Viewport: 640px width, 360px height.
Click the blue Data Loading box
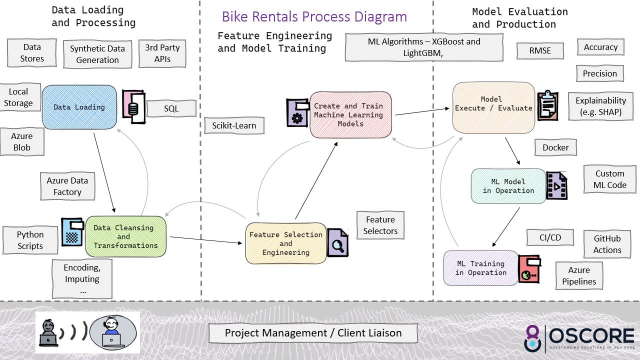click(x=79, y=107)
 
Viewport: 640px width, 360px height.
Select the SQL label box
click(x=171, y=109)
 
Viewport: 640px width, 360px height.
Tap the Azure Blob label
click(x=22, y=142)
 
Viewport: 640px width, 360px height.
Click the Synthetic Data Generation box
click(x=97, y=54)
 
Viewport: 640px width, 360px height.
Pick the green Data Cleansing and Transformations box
click(x=125, y=236)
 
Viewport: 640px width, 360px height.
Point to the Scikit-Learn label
click(x=234, y=126)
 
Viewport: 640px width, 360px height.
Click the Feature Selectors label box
click(x=380, y=225)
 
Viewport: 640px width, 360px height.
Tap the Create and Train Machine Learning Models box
click(x=350, y=115)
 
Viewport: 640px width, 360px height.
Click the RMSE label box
click(x=540, y=50)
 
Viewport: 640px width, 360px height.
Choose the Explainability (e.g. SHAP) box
click(x=600, y=106)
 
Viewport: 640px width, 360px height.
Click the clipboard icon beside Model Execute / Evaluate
click(x=547, y=106)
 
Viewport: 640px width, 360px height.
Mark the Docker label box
click(x=555, y=147)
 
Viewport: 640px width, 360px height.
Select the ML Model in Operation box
click(x=508, y=186)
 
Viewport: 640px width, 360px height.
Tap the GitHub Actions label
click(x=607, y=244)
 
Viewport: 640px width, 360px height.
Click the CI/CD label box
click(x=550, y=238)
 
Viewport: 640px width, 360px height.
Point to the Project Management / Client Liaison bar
click(x=313, y=333)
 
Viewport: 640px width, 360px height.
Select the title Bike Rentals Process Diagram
click(x=314, y=16)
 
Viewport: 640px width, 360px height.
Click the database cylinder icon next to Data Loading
click(x=133, y=107)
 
